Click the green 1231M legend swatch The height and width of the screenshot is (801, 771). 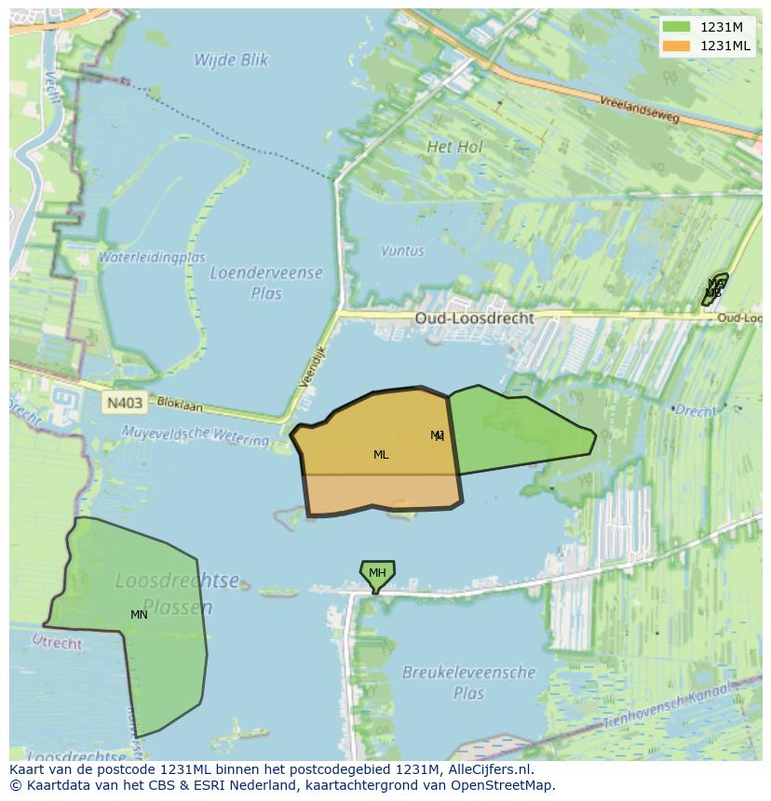[x=676, y=27]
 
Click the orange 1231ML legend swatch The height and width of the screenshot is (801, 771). [x=676, y=46]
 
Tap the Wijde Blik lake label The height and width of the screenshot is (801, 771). [x=231, y=60]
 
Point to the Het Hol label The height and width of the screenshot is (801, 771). [x=454, y=147]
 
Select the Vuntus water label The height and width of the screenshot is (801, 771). [x=402, y=250]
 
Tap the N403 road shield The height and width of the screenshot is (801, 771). [x=125, y=403]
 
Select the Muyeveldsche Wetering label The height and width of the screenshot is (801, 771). [x=195, y=434]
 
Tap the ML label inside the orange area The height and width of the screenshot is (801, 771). [x=381, y=455]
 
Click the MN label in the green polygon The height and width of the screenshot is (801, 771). [x=139, y=615]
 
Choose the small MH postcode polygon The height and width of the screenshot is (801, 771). [x=377, y=573]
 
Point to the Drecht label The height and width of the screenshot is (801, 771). [x=696, y=410]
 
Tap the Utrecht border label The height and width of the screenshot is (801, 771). [x=57, y=641]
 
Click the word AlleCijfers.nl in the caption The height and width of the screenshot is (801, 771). [x=490, y=770]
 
